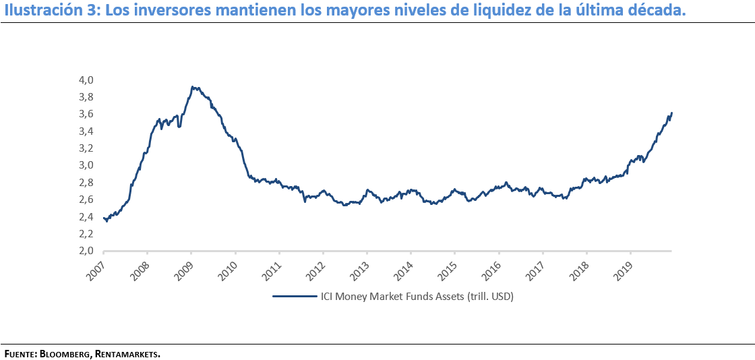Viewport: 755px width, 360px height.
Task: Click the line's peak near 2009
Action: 193,86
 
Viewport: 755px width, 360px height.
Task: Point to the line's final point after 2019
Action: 672,113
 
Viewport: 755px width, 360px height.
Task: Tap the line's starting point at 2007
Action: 104,218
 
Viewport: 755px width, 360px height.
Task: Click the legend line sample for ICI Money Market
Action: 295,296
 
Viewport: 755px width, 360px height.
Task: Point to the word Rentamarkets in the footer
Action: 127,353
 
